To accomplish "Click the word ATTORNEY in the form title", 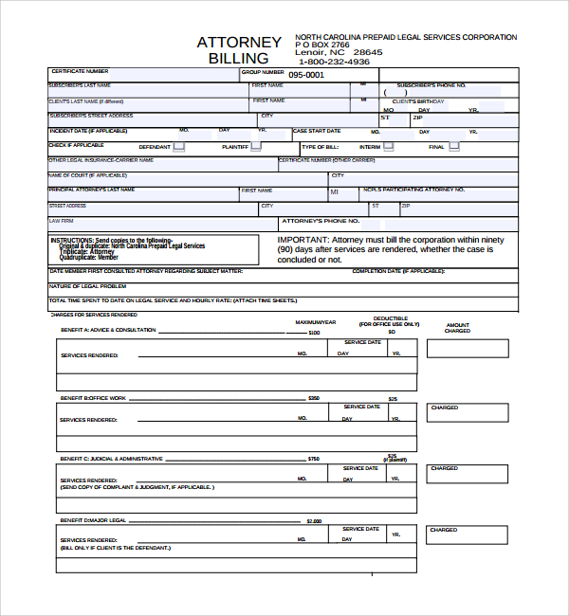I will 239,42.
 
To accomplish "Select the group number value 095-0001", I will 305,74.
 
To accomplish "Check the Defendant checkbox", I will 179,147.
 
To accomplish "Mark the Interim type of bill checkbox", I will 389,147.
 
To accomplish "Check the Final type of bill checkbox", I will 454,147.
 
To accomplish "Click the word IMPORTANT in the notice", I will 303,241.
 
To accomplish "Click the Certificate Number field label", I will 80,71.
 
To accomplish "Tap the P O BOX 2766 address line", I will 322,45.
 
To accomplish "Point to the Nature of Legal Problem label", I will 87,285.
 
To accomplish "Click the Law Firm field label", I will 61,220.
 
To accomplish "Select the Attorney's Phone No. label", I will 320,221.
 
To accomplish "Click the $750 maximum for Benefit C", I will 314,459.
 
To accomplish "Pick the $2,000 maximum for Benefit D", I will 314,522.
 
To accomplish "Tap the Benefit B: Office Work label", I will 92,398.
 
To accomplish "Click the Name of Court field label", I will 87,175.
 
